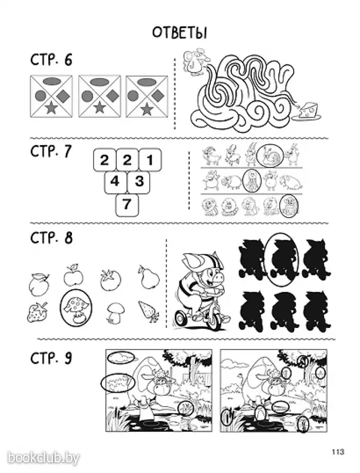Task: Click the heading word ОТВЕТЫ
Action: tap(179, 32)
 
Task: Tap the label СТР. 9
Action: tap(51, 358)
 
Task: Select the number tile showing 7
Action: tap(127, 205)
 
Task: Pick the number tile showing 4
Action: tap(115, 182)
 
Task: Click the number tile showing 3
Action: tap(139, 182)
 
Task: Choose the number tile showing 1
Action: tap(150, 159)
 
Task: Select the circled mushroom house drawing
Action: tap(76, 308)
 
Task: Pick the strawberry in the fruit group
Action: tap(37, 312)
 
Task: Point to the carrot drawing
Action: tap(149, 311)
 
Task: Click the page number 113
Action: tap(338, 451)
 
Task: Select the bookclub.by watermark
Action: tap(43, 458)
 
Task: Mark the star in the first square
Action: tap(51, 108)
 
